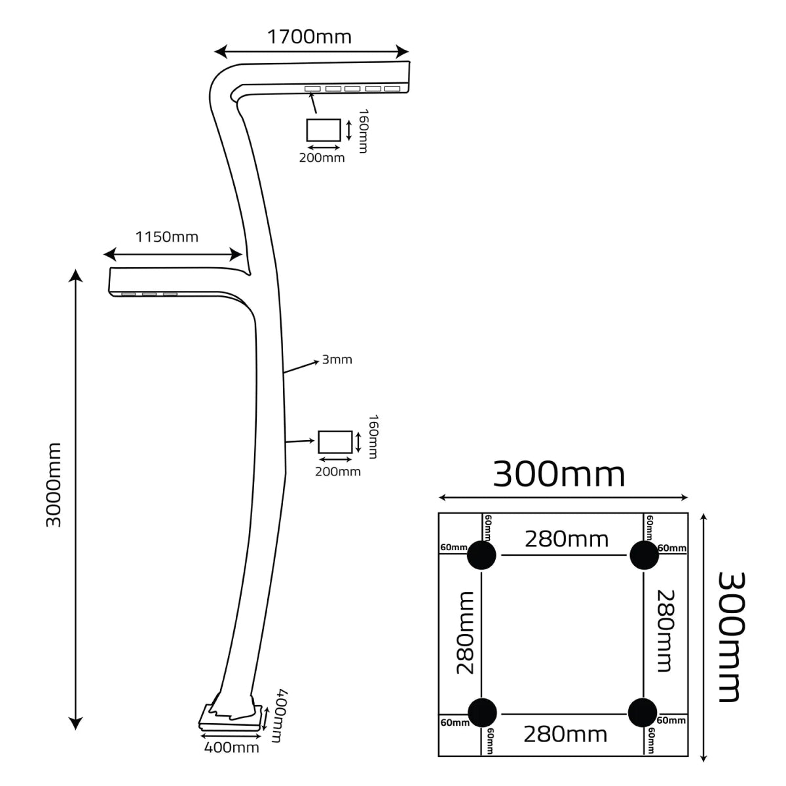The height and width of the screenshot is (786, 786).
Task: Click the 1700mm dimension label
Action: click(309, 37)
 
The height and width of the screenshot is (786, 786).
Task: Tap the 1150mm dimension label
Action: click(166, 236)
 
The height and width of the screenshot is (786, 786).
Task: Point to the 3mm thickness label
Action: click(337, 360)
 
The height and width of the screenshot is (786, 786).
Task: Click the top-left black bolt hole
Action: click(481, 555)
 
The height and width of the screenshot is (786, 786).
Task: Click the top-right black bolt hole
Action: click(644, 555)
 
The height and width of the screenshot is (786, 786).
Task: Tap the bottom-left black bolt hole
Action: click(481, 712)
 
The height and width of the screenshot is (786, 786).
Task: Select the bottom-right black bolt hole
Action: click(642, 712)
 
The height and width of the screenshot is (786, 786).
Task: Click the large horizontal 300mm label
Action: click(559, 474)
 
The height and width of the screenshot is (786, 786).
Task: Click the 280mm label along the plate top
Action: click(566, 539)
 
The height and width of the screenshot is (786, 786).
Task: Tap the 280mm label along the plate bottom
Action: click(565, 734)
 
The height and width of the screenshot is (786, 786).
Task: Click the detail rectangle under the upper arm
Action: click(323, 130)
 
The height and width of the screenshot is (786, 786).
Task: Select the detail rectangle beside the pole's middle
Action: click(335, 442)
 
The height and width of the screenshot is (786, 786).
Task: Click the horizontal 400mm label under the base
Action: click(232, 747)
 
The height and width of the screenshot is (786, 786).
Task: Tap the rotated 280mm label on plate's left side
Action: click(466, 633)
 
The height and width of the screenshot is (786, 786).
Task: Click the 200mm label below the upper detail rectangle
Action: click(322, 158)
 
